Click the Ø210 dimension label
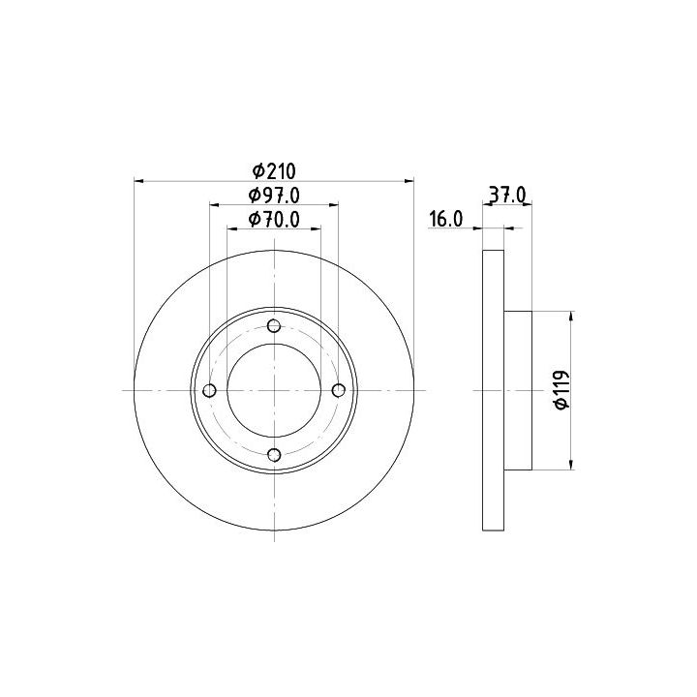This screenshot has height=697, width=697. pos(274,170)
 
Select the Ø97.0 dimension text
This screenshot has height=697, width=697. pos(274,195)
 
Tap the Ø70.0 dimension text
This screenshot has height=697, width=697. pos(274,219)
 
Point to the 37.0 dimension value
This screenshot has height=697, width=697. pos(507,195)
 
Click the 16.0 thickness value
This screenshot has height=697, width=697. pos(446,219)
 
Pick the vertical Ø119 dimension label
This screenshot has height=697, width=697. pos(562,389)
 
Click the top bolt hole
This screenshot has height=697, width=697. pos(274,326)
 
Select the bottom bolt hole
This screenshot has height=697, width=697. pos(274,455)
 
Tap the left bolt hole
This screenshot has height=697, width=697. pos(209,391)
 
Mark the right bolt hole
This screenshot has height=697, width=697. pos(339,390)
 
